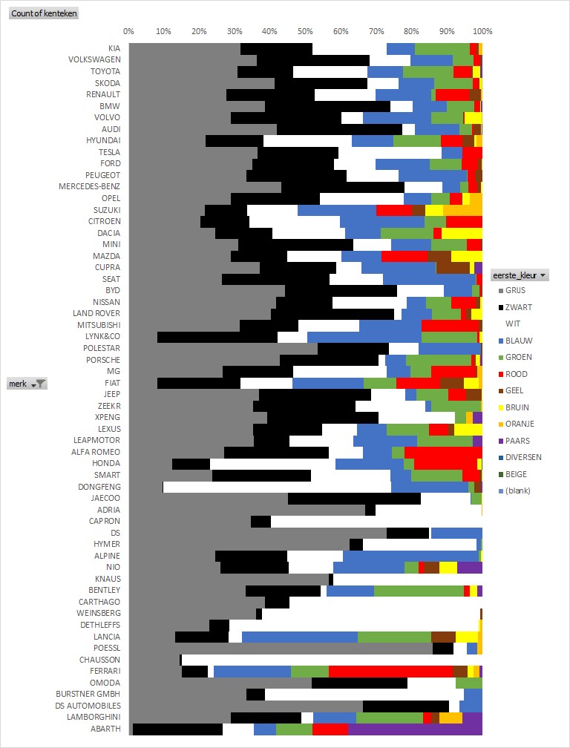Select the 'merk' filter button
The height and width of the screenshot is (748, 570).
27,383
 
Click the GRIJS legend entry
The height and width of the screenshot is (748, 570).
515,291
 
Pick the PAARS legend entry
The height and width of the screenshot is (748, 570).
517,441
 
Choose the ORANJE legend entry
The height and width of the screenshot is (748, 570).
519,424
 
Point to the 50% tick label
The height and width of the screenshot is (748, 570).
305,32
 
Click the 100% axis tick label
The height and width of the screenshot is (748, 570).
482,32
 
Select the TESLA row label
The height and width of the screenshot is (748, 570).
109,152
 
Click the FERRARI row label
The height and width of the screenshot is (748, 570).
105,671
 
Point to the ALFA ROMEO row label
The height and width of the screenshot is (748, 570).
96,452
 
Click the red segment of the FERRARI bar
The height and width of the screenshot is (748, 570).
390,671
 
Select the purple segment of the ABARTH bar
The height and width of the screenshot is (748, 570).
415,729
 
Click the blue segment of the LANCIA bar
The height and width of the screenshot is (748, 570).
300,637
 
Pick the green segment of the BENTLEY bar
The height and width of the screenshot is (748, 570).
419,591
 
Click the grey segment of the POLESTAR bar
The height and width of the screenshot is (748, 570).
223,349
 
